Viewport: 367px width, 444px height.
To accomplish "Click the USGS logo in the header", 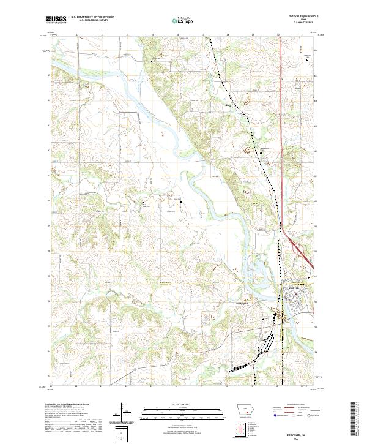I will pyautogui.click(x=56, y=20).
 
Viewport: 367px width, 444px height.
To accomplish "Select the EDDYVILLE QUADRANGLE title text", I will pyautogui.click(x=298, y=16).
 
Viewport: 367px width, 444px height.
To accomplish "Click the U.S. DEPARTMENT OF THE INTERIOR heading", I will pyautogui.click(x=92, y=17).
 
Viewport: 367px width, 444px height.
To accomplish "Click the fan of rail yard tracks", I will pyautogui.click(x=240, y=367).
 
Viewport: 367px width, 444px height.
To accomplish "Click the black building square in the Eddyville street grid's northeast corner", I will pyautogui.click(x=310, y=279).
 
